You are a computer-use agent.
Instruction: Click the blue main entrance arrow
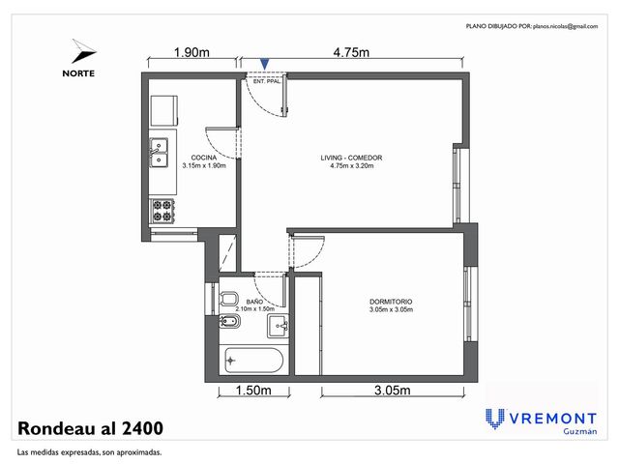tap(265, 64)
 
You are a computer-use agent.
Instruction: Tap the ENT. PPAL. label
tap(267, 81)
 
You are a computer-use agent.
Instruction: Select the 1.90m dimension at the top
tap(192, 52)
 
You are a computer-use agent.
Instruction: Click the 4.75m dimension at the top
tap(351, 52)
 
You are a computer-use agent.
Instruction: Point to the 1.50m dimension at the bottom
tap(253, 391)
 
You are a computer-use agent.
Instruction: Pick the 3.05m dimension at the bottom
tap(393, 391)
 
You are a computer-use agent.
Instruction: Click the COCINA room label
tap(204, 158)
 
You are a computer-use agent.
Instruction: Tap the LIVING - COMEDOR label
tap(351, 158)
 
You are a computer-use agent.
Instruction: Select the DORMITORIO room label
tap(391, 302)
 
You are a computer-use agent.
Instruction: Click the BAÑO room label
tap(254, 302)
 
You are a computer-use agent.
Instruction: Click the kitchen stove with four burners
tap(162, 211)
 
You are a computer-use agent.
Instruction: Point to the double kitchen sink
tap(159, 153)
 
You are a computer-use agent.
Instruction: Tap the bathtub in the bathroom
tap(253, 360)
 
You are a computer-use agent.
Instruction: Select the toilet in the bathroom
tap(228, 299)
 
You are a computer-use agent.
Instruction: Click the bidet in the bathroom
tap(229, 322)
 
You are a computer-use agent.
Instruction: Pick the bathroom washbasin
tap(278, 326)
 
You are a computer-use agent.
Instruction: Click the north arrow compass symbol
tap(83, 51)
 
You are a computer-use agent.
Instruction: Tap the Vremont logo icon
tap(495, 419)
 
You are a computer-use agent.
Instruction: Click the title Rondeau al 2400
tap(90, 428)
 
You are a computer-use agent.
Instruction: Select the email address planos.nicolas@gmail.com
tap(565, 26)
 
